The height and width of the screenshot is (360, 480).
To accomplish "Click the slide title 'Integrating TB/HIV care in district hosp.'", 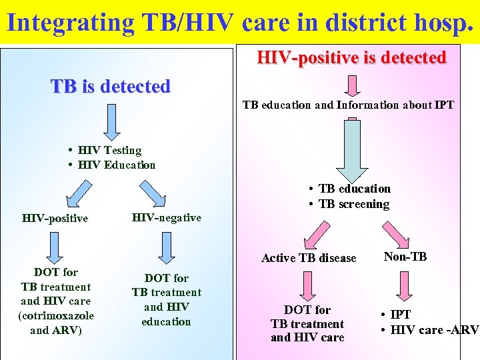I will pyautogui.click(x=240, y=22).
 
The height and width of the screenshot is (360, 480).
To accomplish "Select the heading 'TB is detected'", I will pyautogui.click(x=111, y=87).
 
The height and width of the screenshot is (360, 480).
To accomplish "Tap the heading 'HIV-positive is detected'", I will pyautogui.click(x=351, y=58).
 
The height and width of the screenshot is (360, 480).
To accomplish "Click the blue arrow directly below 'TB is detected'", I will pyautogui.click(x=111, y=121).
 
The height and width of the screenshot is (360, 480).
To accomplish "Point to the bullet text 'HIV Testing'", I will pyautogui.click(x=109, y=151).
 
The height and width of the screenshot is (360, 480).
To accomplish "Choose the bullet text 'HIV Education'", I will pyautogui.click(x=116, y=165).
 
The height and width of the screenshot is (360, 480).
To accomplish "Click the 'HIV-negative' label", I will pyautogui.click(x=166, y=217).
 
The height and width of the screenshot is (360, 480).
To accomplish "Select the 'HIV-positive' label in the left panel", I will pyautogui.click(x=55, y=218).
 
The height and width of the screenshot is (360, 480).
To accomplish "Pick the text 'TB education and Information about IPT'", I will pyautogui.click(x=347, y=105).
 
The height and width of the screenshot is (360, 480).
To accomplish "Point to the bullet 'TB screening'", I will pyautogui.click(x=353, y=204).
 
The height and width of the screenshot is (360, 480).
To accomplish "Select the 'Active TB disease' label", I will pyautogui.click(x=309, y=258).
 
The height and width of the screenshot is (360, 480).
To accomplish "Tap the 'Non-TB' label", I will pyautogui.click(x=405, y=256).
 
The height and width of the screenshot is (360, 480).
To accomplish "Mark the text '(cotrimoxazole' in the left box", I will pyautogui.click(x=56, y=315).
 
